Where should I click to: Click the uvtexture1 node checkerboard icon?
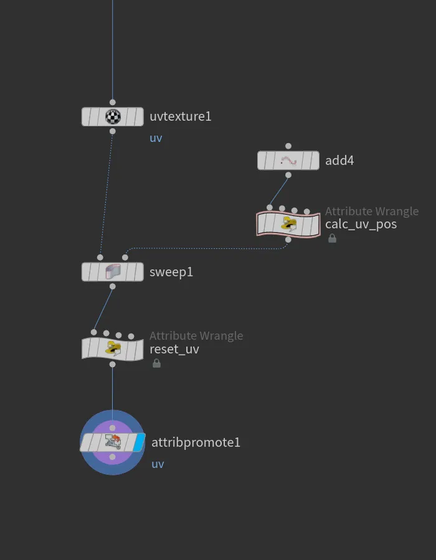click(113, 116)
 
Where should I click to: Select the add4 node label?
click(339, 161)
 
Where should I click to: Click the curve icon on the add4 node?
click(288, 161)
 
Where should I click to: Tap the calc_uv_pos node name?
click(361, 224)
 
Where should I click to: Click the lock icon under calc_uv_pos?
click(333, 238)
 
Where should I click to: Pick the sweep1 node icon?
click(113, 272)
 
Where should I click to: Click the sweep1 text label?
click(171, 272)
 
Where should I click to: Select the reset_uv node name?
click(174, 349)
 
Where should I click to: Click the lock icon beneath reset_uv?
click(156, 363)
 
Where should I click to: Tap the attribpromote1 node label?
click(196, 442)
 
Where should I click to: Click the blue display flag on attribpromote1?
click(139, 442)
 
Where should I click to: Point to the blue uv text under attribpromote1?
click(158, 464)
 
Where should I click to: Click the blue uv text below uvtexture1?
click(156, 138)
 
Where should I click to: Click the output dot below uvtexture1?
click(113, 131)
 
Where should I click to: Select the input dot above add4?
click(288, 146)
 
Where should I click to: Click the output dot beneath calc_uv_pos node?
click(288, 240)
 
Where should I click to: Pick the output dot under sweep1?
click(113, 286)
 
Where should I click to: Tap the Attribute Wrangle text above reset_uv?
click(196, 336)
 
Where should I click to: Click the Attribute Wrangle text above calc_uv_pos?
click(372, 212)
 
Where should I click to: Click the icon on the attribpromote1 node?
click(113, 442)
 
